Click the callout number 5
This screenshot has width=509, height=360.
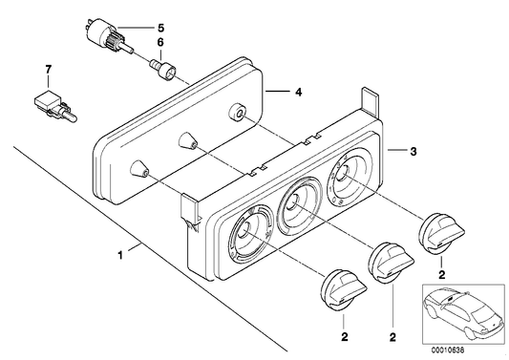click(x=161, y=28)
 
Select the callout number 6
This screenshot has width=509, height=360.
click(x=160, y=43)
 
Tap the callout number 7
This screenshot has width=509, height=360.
click(x=49, y=69)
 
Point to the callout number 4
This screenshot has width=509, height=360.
click(x=298, y=93)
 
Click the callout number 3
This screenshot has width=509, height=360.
click(x=414, y=151)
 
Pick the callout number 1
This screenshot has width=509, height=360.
click(x=120, y=256)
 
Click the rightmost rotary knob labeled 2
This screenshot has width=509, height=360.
click(x=442, y=233)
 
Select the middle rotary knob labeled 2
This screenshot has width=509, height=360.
click(x=392, y=262)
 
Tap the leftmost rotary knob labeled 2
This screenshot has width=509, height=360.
click(x=344, y=289)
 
